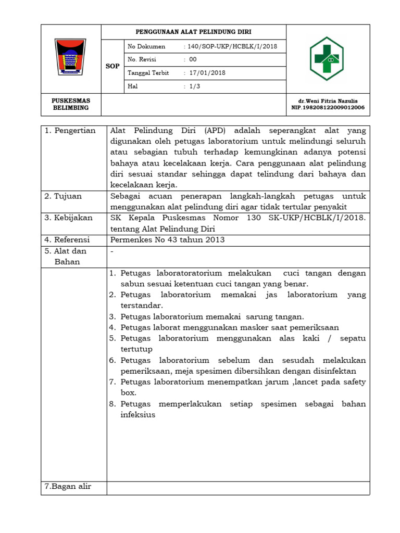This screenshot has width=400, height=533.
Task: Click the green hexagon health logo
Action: point(327,58)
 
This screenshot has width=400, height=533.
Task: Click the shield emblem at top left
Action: point(71,58)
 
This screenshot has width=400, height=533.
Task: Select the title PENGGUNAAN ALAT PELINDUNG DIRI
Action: point(194,32)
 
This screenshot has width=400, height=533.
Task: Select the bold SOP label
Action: point(113,66)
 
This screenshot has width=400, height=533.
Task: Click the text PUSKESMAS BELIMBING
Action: point(71,104)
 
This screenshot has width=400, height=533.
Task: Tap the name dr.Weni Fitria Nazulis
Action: point(328,101)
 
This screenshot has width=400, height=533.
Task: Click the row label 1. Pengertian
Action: point(70,131)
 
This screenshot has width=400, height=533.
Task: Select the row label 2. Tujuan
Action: point(63,196)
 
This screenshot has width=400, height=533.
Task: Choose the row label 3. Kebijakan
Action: point(68,218)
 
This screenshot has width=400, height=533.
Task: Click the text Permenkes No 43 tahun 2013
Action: point(168,239)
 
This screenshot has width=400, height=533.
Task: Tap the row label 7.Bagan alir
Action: point(68,486)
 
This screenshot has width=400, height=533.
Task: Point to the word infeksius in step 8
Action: point(138,415)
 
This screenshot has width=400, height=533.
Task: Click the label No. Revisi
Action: point(142,59)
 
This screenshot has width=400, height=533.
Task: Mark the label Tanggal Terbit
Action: point(148,73)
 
